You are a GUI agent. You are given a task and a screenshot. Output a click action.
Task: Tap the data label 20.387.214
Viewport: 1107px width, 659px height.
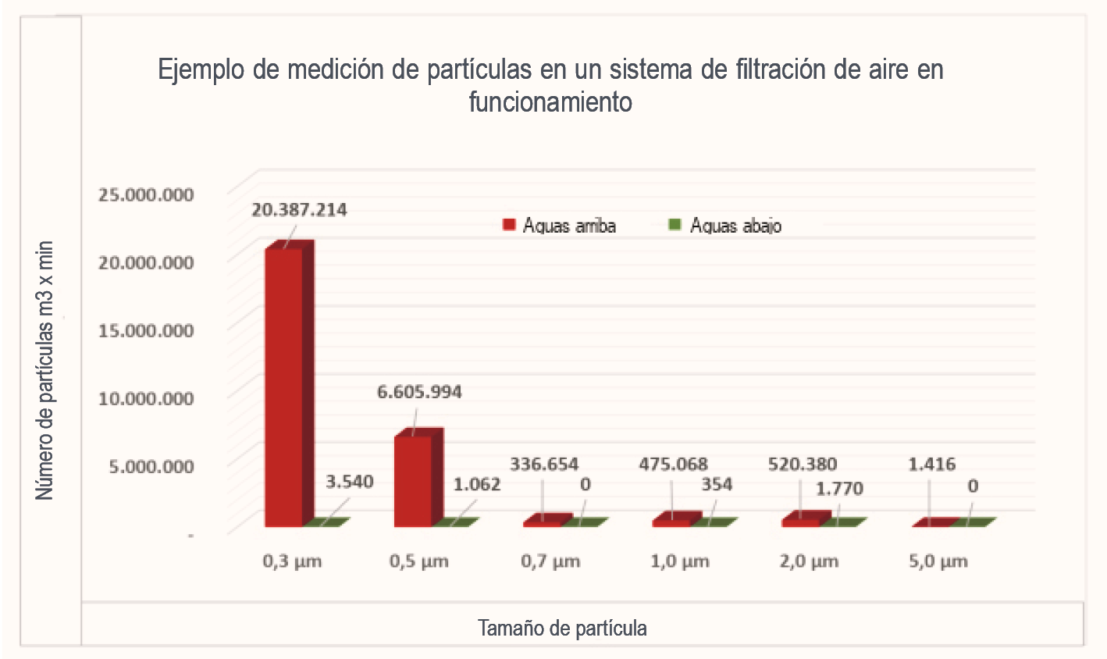click(299, 209)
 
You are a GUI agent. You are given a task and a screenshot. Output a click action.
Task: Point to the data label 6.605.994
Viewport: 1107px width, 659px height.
click(419, 391)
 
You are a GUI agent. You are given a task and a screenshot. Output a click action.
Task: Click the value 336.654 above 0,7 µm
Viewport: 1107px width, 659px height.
click(544, 465)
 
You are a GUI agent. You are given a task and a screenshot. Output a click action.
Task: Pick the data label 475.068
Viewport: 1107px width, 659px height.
click(673, 465)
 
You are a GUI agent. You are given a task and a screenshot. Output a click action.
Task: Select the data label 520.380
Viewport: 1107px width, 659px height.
click(802, 465)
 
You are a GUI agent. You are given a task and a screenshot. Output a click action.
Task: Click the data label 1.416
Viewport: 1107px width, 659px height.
click(931, 465)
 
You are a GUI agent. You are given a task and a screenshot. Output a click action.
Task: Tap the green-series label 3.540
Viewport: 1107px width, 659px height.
click(349, 482)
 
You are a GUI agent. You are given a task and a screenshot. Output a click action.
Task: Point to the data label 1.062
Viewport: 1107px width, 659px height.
click(477, 484)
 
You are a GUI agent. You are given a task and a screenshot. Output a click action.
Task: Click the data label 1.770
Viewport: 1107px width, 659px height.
click(839, 489)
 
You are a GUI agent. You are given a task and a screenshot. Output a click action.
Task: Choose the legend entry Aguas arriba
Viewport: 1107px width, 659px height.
click(560, 226)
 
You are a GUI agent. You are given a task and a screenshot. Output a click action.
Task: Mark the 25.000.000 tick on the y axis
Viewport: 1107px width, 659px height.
click(145, 194)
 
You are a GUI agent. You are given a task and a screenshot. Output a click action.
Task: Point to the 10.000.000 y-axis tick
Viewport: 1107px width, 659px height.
click(145, 398)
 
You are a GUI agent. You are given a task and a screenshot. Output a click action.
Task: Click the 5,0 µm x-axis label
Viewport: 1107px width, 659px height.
click(938, 561)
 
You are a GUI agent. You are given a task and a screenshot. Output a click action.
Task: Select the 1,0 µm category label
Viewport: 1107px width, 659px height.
click(679, 561)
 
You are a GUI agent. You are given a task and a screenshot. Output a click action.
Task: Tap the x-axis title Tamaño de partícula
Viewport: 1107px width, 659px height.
click(562, 628)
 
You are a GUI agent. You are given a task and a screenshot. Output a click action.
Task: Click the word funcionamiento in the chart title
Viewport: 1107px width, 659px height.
click(550, 102)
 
